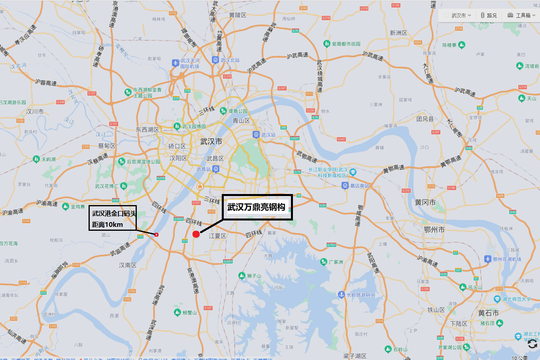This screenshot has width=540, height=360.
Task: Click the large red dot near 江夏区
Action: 196,234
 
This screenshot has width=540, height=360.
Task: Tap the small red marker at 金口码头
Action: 157,235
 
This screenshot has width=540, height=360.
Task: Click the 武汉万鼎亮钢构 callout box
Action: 257,207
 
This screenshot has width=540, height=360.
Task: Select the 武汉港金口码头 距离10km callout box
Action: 113,218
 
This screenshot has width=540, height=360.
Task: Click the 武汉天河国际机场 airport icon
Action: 176,63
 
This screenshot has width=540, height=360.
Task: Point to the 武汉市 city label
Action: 211,141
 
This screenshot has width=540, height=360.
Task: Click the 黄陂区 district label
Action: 238,15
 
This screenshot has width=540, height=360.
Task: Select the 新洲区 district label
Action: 398,33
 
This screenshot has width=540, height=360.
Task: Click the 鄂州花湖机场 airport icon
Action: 488,259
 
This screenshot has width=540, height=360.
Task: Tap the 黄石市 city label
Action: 488,313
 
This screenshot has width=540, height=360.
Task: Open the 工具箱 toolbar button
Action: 522,15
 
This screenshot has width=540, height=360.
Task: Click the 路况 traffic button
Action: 489,15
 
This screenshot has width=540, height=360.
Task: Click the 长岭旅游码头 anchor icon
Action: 342,294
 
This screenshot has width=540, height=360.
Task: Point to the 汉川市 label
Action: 35,111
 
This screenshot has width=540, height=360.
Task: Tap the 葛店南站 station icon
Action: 345,186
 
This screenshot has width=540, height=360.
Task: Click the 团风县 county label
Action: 425,119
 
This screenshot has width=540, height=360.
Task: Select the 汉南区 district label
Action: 128,265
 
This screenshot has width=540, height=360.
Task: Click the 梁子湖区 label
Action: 355,356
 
